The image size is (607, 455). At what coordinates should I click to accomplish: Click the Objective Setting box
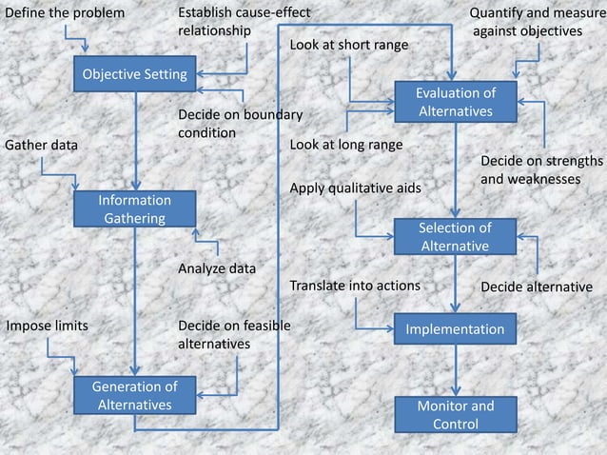tap(134, 74)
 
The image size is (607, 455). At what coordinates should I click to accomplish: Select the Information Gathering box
tap(134, 209)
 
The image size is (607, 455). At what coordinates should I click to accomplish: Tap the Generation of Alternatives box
tap(134, 395)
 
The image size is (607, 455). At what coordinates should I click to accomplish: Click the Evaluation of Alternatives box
tap(455, 102)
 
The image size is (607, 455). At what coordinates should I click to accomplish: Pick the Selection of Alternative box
tap(455, 237)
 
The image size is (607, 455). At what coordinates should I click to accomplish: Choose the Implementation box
tap(455, 329)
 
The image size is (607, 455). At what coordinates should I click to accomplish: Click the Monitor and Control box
tap(455, 414)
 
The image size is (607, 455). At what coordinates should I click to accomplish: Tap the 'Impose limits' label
tap(48, 326)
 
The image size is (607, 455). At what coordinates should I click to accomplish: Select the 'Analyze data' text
tap(217, 268)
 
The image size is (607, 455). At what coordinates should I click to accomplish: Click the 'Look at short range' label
tap(348, 45)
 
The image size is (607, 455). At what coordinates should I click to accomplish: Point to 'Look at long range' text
tap(345, 145)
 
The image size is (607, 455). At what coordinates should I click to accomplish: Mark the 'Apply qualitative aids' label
tap(355, 188)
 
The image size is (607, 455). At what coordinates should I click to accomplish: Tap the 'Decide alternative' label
tap(536, 287)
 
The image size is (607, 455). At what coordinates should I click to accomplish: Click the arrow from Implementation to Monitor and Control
tap(455, 369)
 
